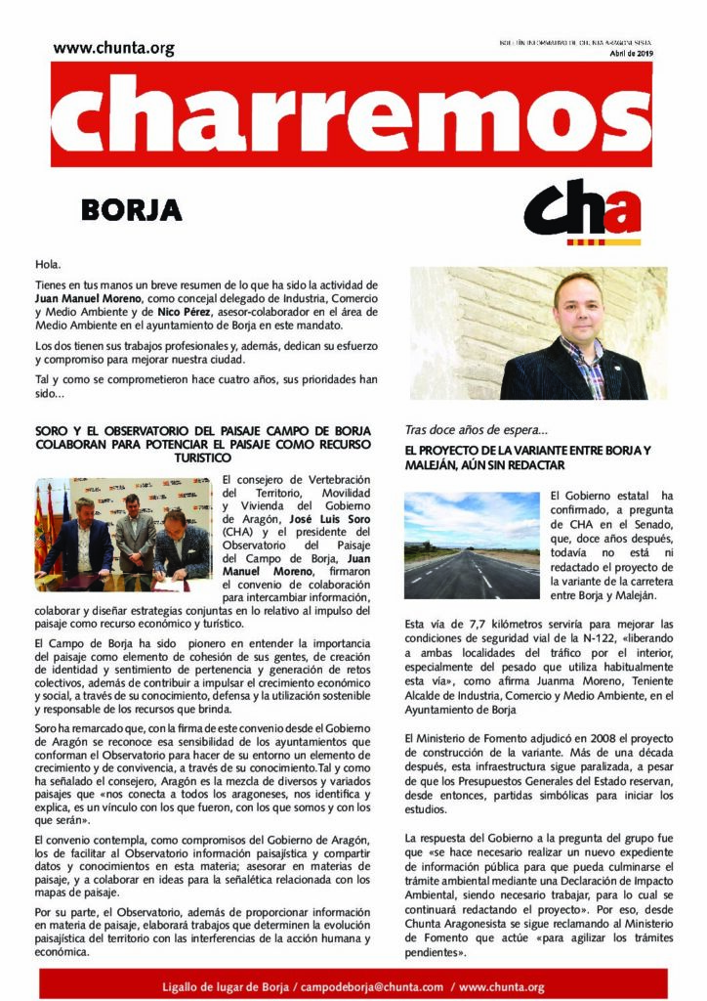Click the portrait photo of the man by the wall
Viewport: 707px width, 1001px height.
click(538, 332)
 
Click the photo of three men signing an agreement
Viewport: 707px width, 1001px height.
click(122, 534)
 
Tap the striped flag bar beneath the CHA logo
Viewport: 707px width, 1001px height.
click(603, 241)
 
